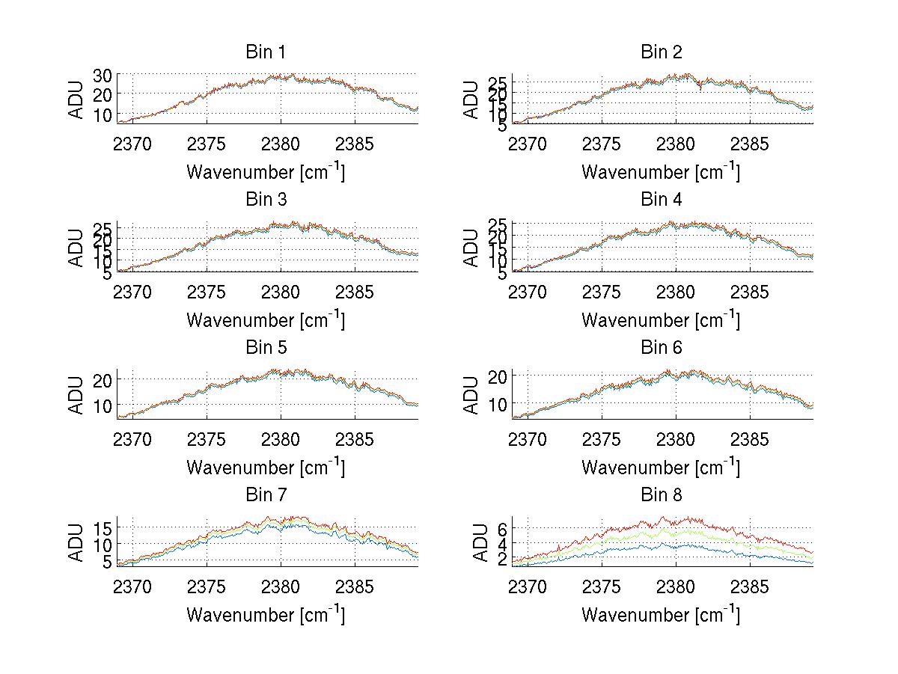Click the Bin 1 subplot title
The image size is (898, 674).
click(265, 52)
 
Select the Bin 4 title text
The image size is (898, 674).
click(662, 200)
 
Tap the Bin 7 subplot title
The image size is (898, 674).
click(265, 495)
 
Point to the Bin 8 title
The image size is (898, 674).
click(662, 495)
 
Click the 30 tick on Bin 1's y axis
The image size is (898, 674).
click(103, 75)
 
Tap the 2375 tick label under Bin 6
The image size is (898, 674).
click(602, 439)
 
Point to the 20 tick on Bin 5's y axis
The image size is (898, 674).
click(103, 379)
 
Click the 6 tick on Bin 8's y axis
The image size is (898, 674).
click(502, 529)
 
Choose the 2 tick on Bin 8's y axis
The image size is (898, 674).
click(502, 558)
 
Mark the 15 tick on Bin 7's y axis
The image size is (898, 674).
click(103, 528)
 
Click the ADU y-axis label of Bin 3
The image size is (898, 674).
click(76, 248)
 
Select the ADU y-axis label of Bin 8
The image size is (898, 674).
click(471, 542)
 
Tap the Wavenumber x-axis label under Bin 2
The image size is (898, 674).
click(660, 172)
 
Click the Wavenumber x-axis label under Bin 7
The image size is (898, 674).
click(265, 615)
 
